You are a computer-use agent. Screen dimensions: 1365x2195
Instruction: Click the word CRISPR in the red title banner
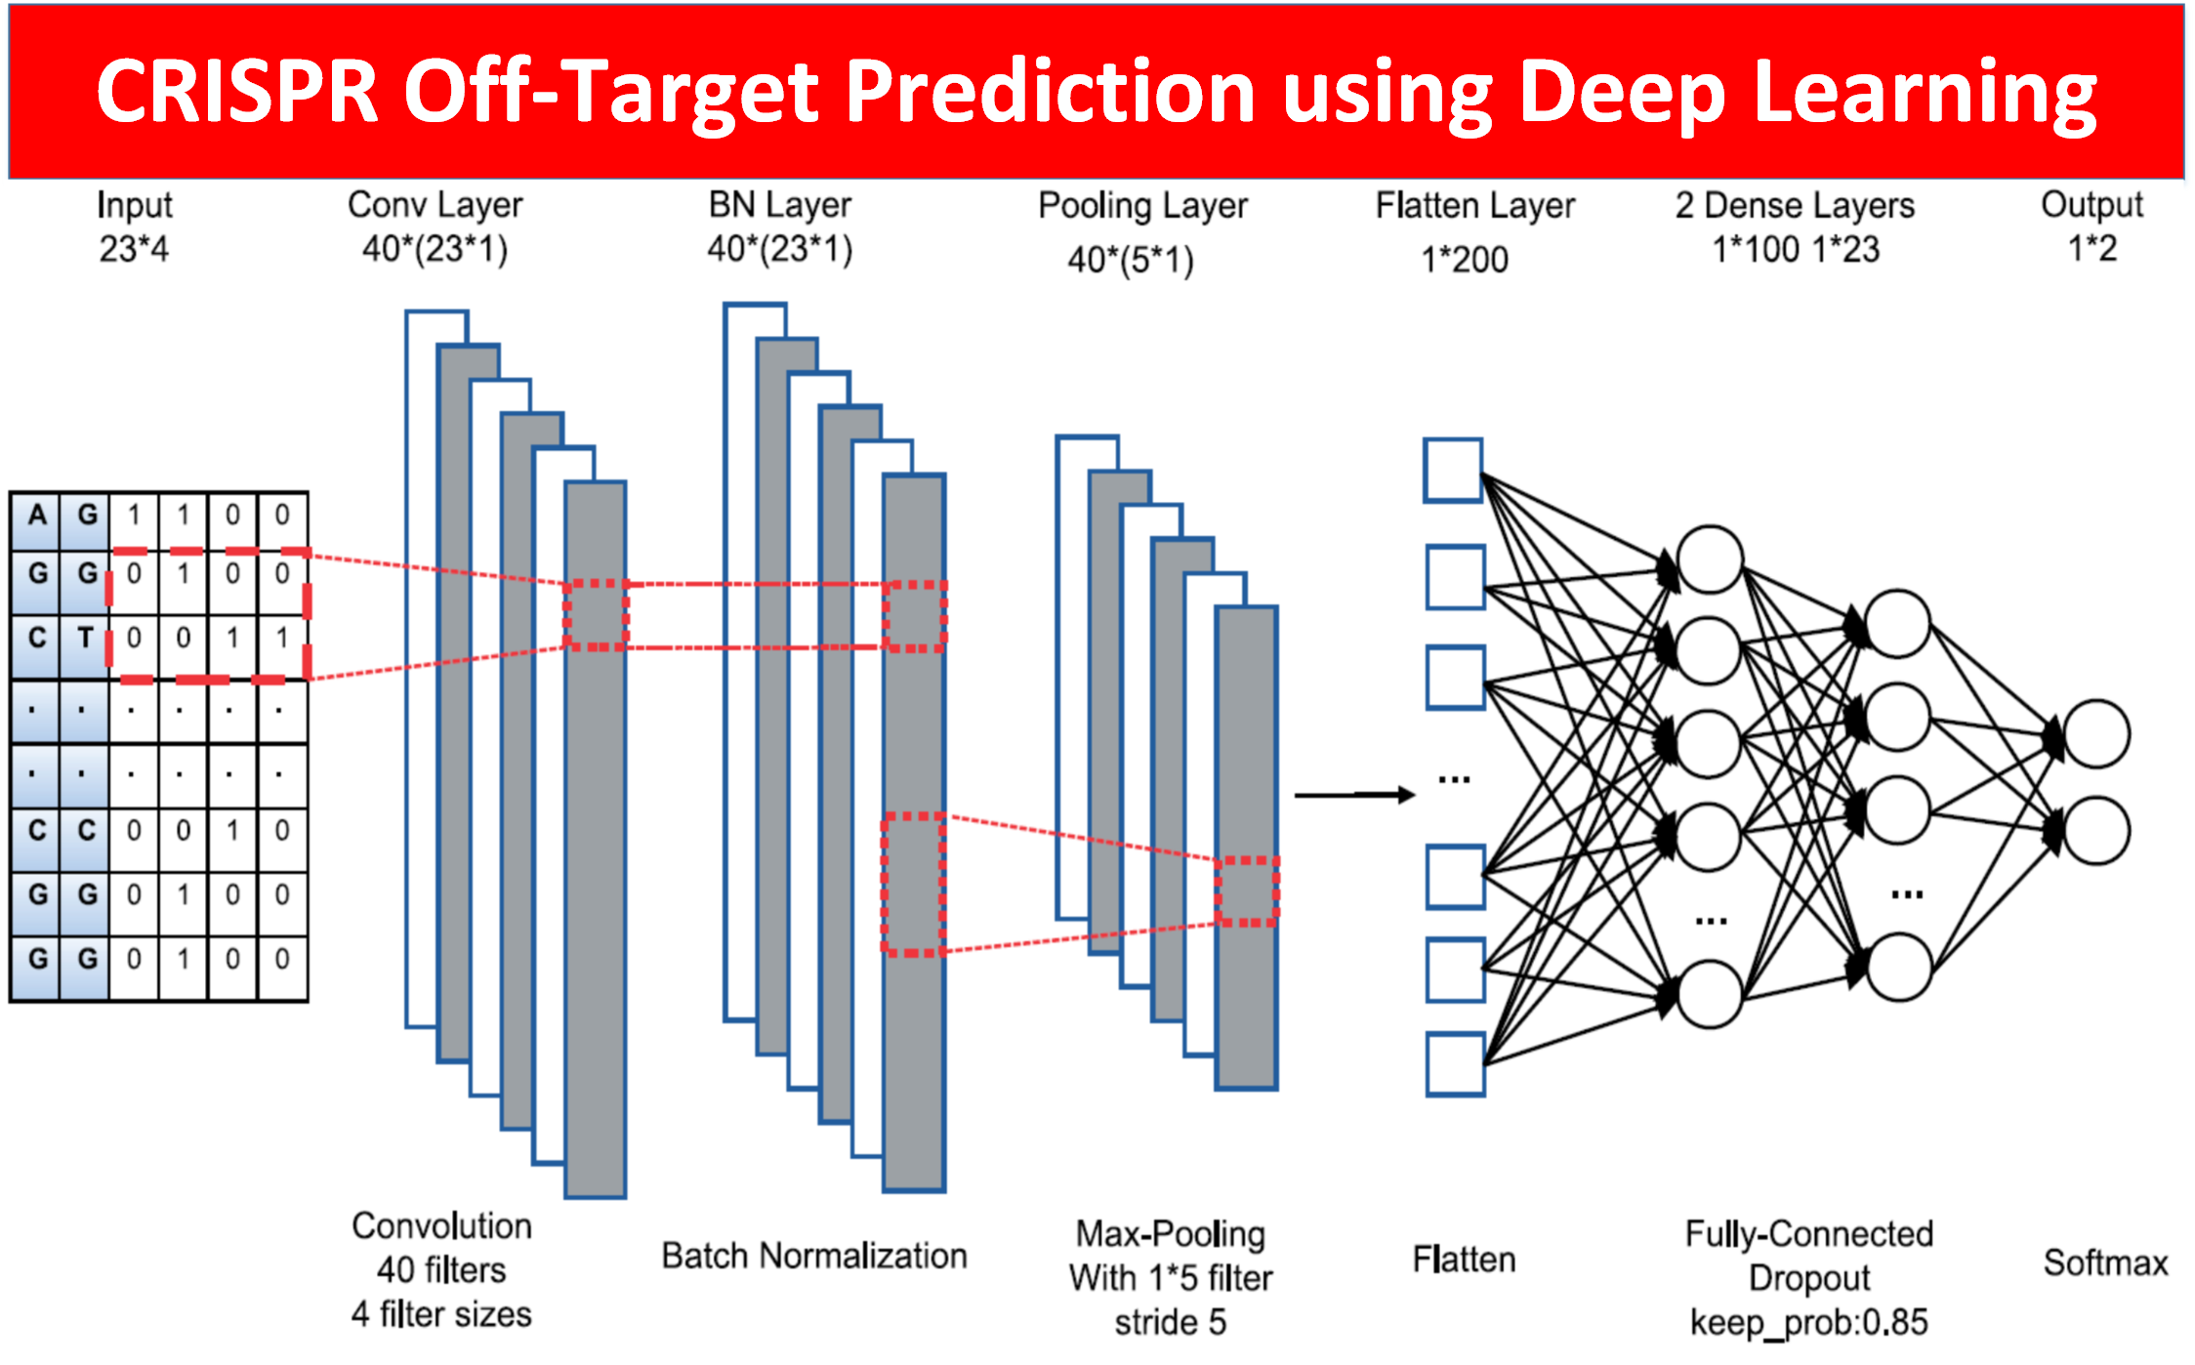[236, 92]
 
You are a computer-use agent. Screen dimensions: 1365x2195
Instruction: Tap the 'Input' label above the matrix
[135, 205]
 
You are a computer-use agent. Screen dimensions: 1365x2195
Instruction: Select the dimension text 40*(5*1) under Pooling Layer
[1130, 261]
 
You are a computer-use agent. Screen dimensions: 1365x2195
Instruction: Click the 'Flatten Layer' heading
[1474, 206]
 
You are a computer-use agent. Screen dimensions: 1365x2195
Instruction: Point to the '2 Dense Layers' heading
[1795, 206]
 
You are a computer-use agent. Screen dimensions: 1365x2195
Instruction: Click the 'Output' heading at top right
[2091, 205]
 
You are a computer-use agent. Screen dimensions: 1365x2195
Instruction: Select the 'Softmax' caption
[2105, 1262]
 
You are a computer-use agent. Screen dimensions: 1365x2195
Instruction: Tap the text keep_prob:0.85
[1808, 1322]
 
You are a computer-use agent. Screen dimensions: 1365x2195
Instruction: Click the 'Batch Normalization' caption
[814, 1256]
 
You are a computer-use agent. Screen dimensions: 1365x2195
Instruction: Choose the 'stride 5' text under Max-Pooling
[1170, 1322]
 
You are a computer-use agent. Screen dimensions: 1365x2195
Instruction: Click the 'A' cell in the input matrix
[36, 516]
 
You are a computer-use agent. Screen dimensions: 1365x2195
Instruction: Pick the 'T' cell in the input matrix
[85, 639]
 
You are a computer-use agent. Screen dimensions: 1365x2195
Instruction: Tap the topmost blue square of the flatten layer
[1453, 471]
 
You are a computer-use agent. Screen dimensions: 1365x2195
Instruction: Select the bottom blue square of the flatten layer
[1455, 1064]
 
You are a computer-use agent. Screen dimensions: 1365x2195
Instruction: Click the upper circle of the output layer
[2096, 734]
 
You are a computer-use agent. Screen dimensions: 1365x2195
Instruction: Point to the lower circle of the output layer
[2096, 831]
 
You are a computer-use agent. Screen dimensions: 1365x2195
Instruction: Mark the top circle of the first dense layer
[1710, 559]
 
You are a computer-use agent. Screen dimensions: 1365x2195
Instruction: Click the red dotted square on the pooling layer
[1247, 890]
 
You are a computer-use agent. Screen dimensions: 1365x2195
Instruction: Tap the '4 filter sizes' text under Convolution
[441, 1314]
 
